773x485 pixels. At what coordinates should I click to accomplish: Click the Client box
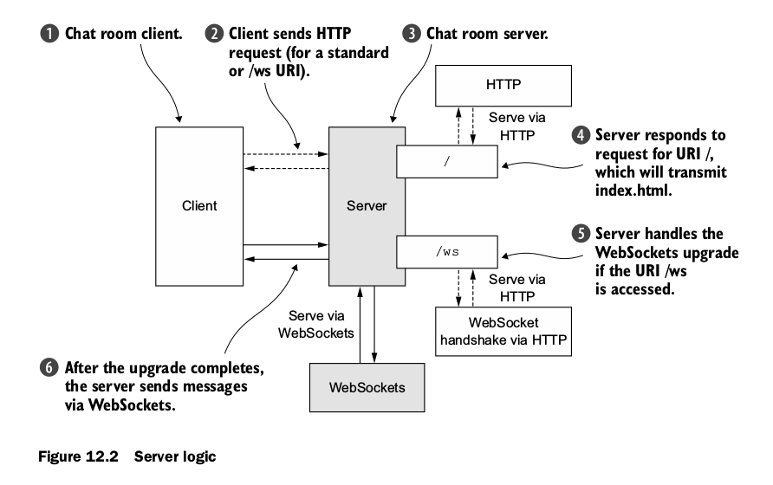[x=199, y=206]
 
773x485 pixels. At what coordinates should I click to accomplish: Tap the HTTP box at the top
[x=503, y=86]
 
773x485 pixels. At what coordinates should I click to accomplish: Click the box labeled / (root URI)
[x=447, y=160]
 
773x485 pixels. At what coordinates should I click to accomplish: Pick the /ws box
[x=447, y=251]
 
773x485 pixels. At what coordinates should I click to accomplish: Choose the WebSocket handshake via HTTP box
[x=503, y=331]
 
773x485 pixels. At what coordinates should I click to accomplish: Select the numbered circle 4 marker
[x=579, y=136]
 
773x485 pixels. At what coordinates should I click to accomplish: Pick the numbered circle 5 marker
[x=579, y=235]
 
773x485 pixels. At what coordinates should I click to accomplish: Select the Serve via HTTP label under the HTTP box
[x=517, y=124]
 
